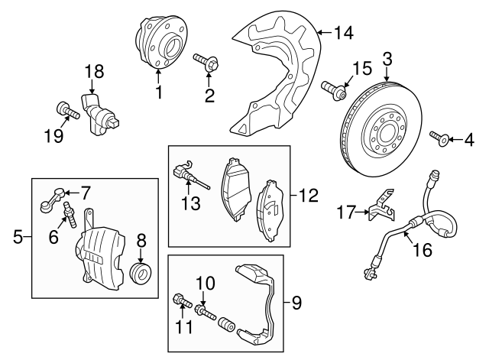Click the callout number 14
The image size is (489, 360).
coord(344,33)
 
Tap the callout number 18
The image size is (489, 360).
coord(95,71)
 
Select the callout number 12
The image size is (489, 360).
coord(308,195)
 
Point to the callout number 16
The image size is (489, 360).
coord(423,250)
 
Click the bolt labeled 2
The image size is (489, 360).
coord(206,62)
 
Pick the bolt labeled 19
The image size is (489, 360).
coord(68,111)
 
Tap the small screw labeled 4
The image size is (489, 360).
coord(439,138)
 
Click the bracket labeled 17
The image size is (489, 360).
coord(381,206)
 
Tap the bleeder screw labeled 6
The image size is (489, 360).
coord(70,215)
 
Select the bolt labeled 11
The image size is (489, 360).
coord(182,300)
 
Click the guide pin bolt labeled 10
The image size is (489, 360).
coord(205,313)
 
